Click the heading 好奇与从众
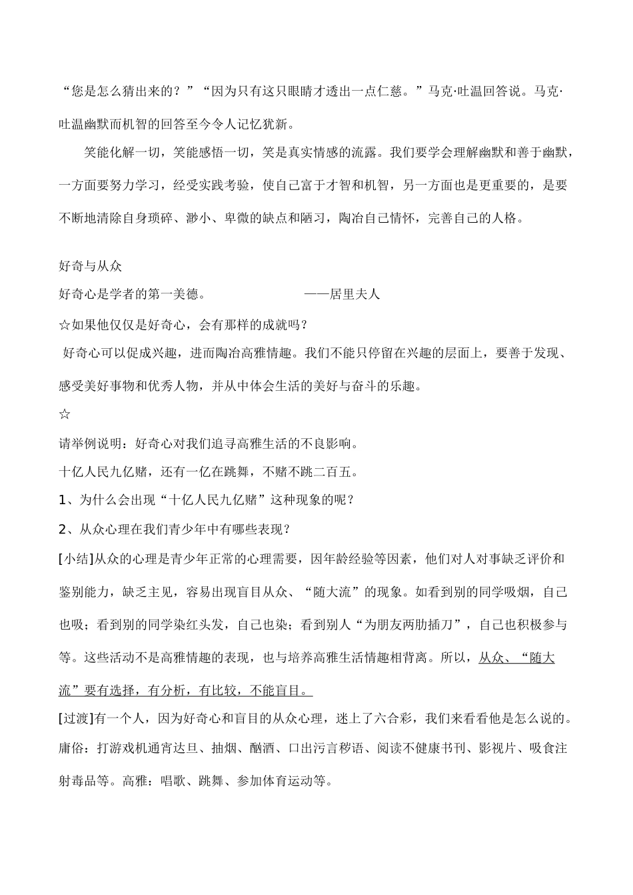pyautogui.click(x=91, y=266)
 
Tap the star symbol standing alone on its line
pyautogui.click(x=65, y=415)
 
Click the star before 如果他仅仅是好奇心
pyautogui.click(x=65, y=325)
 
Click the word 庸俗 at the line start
pyautogui.click(x=71, y=748)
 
